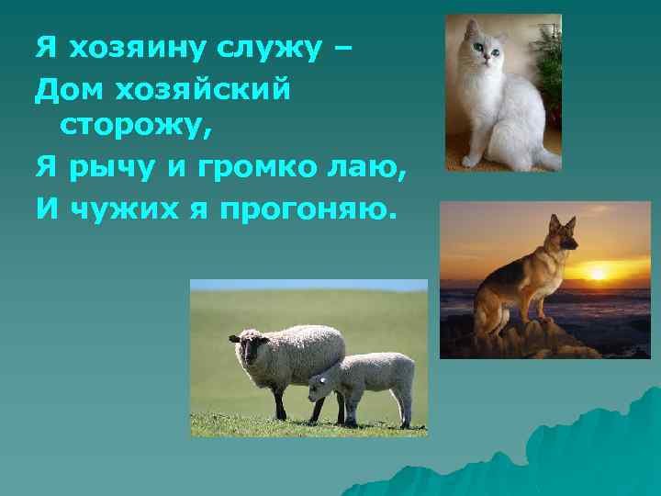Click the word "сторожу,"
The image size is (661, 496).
tap(136, 129)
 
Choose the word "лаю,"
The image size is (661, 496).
tap(362, 169)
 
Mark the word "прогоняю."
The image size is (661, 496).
tap(308, 211)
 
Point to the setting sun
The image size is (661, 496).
tap(598, 273)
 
